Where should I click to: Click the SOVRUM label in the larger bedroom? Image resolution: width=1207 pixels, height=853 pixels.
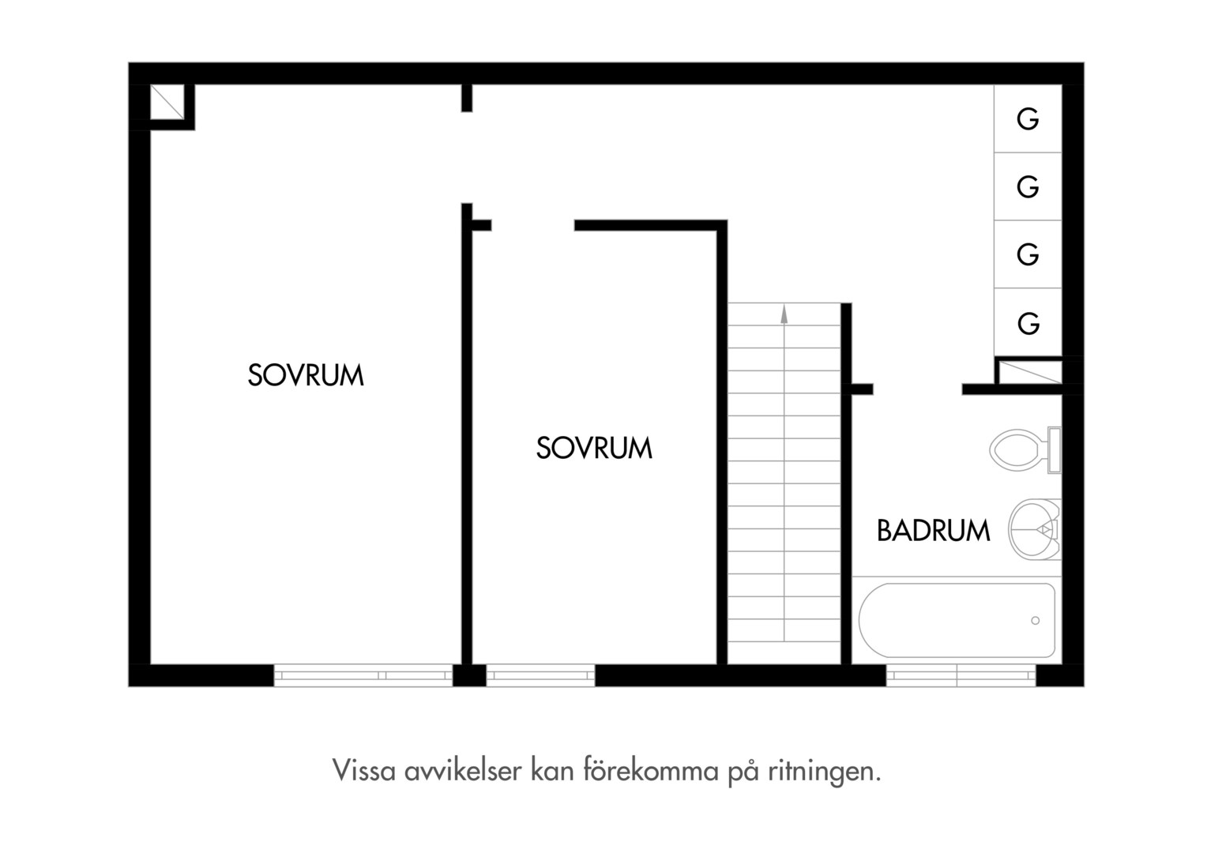pos(306,375)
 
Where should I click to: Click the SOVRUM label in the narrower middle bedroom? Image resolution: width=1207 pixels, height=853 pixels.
pos(594,447)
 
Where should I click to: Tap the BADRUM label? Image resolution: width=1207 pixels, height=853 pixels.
pos(933,530)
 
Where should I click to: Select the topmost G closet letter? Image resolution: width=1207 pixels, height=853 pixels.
pos(1028,119)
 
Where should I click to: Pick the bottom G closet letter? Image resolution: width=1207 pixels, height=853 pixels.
pos(1028,323)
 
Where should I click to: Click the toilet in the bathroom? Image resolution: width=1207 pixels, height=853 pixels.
pos(1025,450)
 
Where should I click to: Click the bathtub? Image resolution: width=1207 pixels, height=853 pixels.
pos(957,620)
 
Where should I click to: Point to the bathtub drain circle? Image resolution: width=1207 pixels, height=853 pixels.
pos(1035,621)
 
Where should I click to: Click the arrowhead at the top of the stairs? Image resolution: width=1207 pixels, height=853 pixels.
pos(784,314)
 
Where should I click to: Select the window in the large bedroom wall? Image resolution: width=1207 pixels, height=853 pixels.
pos(363,675)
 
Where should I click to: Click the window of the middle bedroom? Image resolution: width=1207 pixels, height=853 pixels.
pos(540,675)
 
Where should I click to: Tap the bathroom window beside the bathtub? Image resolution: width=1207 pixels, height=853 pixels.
pos(961,675)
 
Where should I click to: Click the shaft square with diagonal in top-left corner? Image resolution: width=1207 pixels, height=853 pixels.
pos(167,102)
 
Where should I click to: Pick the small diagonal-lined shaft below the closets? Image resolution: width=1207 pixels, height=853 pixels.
pos(1030,372)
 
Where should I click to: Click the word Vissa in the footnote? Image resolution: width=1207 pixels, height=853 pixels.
pos(363,770)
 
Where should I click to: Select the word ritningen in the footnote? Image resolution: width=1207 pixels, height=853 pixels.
pos(825,772)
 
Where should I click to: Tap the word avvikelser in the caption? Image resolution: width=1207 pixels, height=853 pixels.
pos(463,770)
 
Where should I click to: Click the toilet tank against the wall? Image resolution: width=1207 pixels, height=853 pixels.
pos(1055,450)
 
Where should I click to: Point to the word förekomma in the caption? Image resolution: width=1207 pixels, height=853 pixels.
pos(651,770)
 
